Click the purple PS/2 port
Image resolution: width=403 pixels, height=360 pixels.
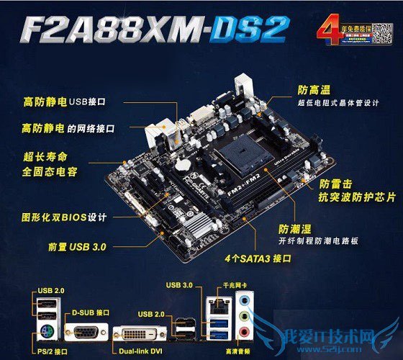44,333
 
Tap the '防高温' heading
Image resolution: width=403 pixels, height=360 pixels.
314,89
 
